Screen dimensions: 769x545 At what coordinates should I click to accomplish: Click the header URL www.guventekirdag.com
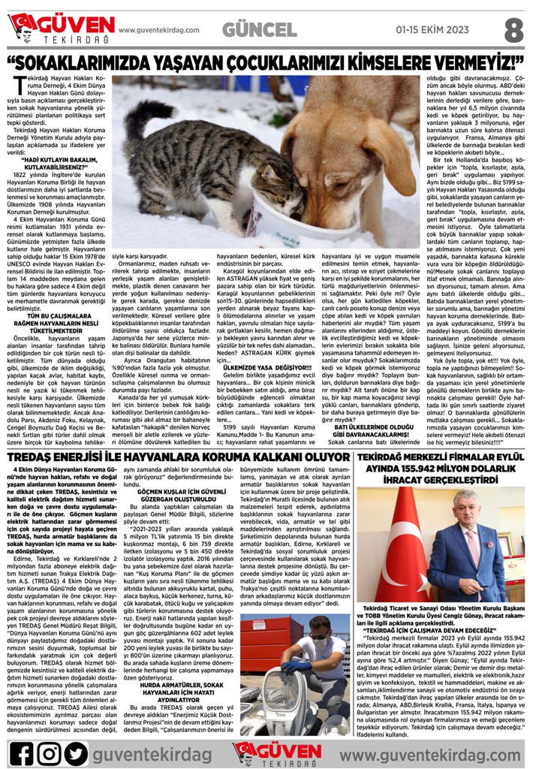[158, 31]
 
